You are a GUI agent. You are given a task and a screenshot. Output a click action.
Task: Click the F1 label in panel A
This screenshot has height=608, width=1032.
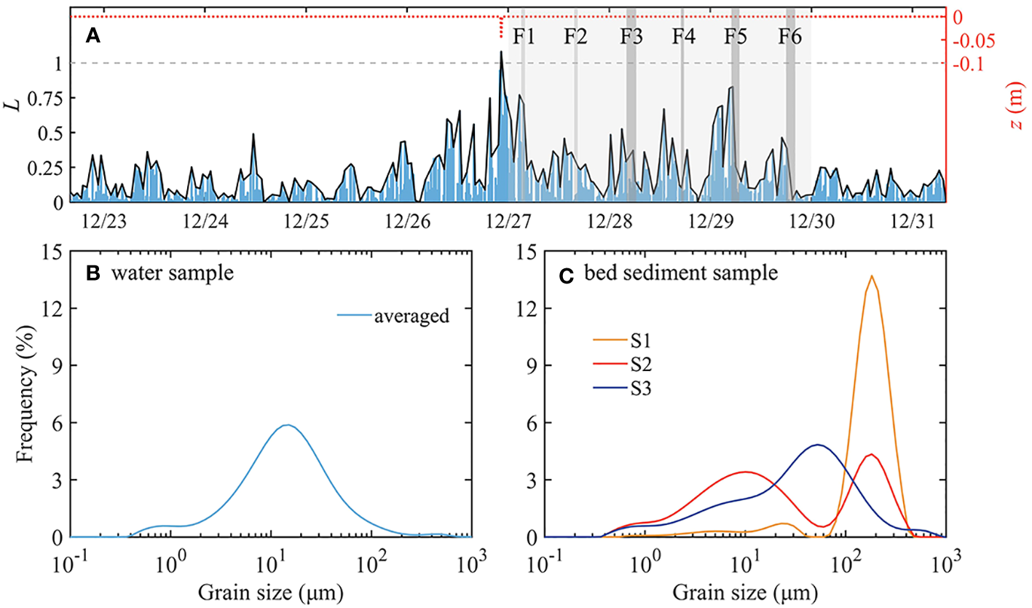click(524, 36)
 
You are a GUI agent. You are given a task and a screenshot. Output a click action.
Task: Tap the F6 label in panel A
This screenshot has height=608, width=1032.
click(789, 36)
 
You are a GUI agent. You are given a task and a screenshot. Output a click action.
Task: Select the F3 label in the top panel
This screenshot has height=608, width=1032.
click(631, 36)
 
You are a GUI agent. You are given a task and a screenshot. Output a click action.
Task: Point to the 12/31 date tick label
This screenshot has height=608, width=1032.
click(912, 219)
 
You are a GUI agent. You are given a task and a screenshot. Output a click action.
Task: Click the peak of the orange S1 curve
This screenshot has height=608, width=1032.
click(871, 276)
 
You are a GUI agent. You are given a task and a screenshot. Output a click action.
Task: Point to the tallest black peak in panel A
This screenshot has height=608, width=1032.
click(501, 52)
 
